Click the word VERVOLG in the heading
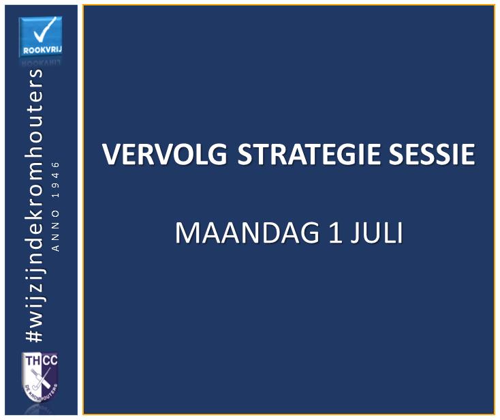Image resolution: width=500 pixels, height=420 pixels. [165, 154]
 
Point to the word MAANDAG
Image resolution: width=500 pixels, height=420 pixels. [247, 232]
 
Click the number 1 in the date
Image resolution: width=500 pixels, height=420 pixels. [335, 232]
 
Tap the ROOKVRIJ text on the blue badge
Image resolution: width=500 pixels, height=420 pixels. [42, 50]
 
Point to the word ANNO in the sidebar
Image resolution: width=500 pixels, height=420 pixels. [56, 230]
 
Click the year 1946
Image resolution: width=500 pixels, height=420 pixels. [56, 180]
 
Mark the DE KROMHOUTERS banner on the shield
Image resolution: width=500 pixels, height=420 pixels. [41, 392]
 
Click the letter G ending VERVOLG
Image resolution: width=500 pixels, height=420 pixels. [218, 154]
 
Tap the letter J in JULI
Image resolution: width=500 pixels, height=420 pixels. [354, 233]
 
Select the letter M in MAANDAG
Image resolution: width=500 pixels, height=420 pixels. [185, 232]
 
